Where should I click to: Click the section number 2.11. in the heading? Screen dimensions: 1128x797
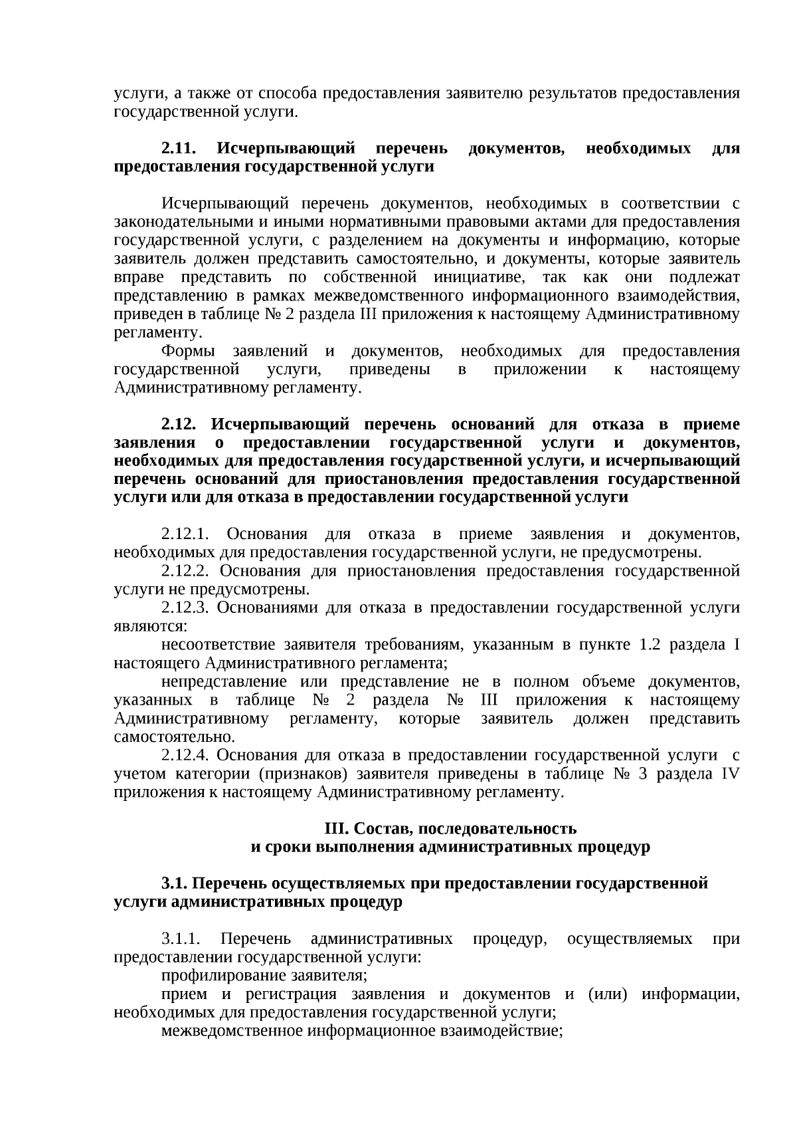[x=179, y=148]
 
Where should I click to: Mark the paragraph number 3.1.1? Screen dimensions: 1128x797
[x=180, y=939]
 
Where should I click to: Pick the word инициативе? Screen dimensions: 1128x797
[x=478, y=277]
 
